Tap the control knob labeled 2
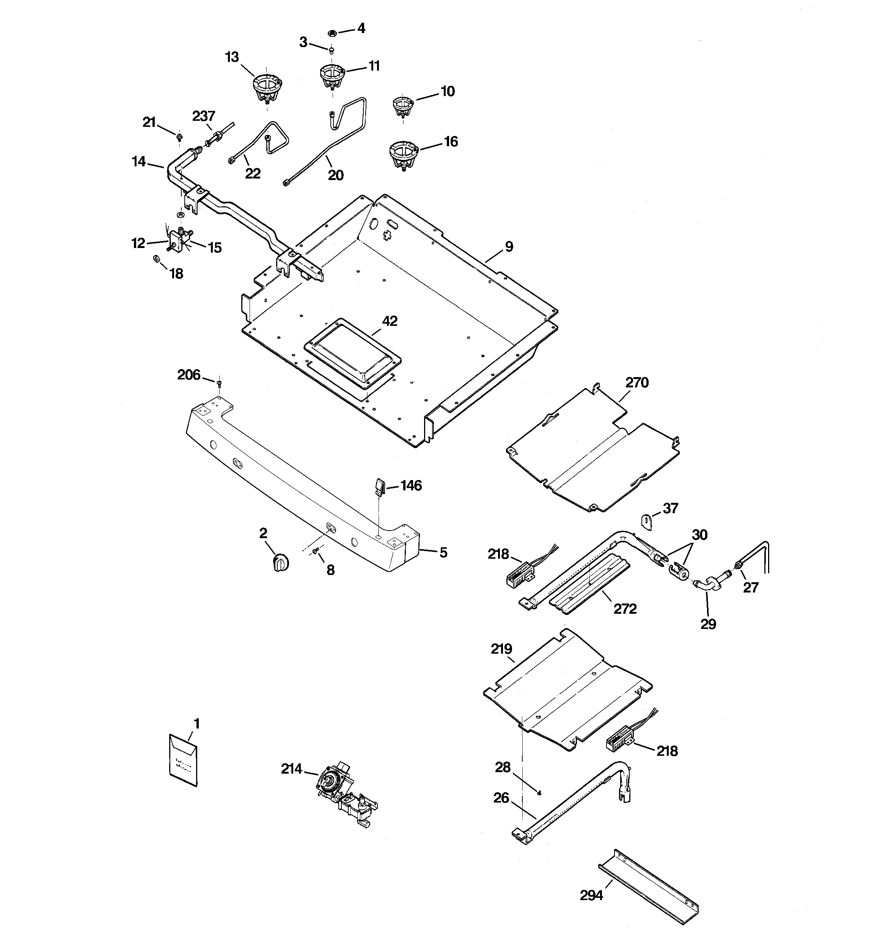click(281, 563)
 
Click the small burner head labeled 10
click(403, 106)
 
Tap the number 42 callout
click(390, 321)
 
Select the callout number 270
click(637, 382)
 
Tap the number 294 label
click(591, 895)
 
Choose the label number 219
click(501, 649)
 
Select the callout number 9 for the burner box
click(508, 246)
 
